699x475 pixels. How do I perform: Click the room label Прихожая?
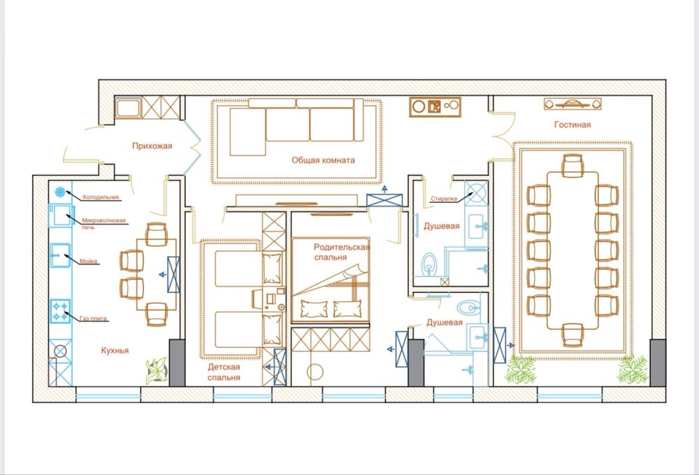[x=152, y=146]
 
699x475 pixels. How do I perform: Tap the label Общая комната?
[x=323, y=160]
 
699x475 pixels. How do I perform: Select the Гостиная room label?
[x=572, y=125]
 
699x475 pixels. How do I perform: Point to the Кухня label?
[x=115, y=350]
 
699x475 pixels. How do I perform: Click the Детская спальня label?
[x=224, y=372]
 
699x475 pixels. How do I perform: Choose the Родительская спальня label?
[x=342, y=252]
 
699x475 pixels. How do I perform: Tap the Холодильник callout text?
[x=101, y=197]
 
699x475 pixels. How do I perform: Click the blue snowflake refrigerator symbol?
[x=59, y=192]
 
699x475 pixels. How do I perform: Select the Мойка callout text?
[x=88, y=262]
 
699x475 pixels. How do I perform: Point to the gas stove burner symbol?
[x=60, y=311]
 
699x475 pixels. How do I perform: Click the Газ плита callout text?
[x=93, y=318]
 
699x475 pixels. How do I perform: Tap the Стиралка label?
[x=444, y=199]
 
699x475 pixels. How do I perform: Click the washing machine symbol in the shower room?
[x=476, y=193]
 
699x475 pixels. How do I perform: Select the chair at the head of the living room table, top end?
[x=572, y=166]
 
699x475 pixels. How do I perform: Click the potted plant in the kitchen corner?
[x=157, y=370]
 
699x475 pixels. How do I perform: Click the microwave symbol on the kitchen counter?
[x=60, y=215]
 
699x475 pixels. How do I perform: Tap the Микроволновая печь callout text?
[x=103, y=223]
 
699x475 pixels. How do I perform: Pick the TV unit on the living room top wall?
[x=572, y=104]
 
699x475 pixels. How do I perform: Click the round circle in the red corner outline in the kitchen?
[x=60, y=351]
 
